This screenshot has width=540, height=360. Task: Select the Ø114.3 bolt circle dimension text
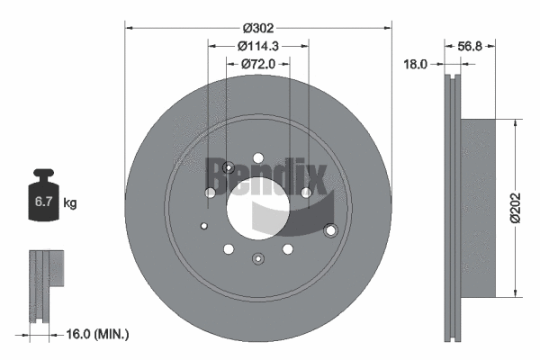tap(258, 47)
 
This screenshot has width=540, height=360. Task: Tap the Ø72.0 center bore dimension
tap(258, 64)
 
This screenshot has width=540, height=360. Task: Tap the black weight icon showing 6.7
tap(43, 199)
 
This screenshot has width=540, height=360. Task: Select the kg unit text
tap(70, 203)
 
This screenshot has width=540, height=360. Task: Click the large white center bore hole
tap(257, 207)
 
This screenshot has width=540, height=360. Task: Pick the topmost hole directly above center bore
tap(258, 155)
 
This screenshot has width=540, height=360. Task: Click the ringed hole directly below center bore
tap(258, 260)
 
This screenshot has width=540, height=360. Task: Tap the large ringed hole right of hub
tap(329, 231)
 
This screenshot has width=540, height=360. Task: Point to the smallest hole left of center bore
tap(205, 225)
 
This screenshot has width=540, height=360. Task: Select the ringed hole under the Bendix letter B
tap(228, 167)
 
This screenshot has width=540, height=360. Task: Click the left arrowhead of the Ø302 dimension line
tap(128, 27)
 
